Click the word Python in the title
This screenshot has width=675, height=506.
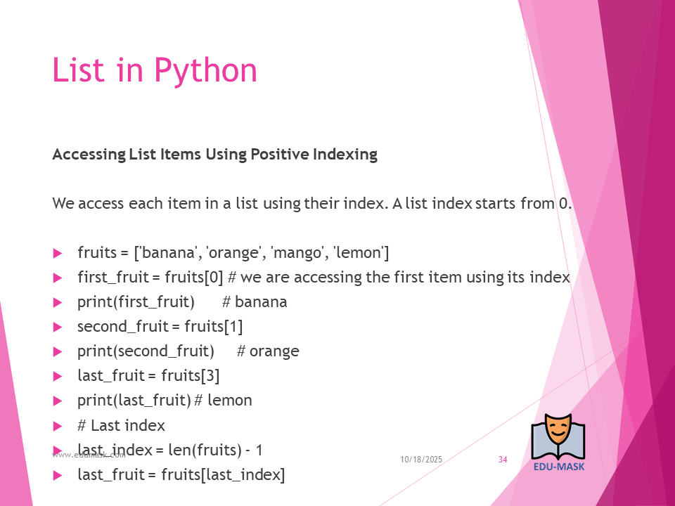pos(205,71)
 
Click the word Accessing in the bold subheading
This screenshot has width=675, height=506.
pos(89,155)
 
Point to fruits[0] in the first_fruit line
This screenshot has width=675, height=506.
pos(194,278)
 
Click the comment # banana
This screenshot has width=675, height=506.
pos(255,302)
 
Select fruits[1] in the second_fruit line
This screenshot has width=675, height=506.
pos(214,327)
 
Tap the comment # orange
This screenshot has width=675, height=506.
pos(268,351)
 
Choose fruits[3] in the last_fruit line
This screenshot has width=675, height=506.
pos(191,375)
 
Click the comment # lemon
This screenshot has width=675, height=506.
pos(223,401)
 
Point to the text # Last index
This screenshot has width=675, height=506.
pos(121,426)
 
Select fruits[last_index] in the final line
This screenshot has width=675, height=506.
pos(223,475)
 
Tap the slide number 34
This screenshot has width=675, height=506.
pos(503,460)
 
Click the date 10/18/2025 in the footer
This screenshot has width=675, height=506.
pos(421,460)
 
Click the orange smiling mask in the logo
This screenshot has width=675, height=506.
pos(558,429)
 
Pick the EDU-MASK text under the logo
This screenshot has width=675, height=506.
pos(559,467)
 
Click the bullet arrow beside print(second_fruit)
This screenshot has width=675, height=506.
pos(58,352)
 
